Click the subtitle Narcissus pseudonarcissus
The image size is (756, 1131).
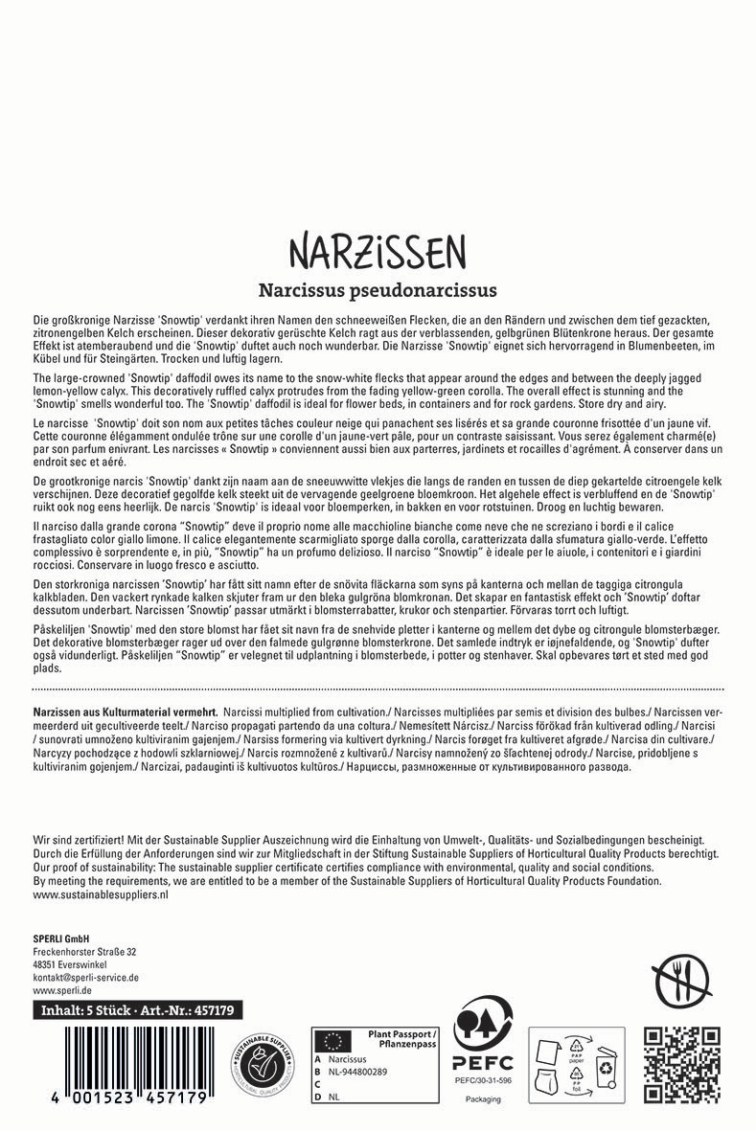pos(377,288)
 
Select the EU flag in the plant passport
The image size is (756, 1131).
pos(335,1040)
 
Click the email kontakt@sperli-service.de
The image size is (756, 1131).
pos(86,978)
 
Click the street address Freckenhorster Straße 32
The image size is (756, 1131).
pos(84,952)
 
